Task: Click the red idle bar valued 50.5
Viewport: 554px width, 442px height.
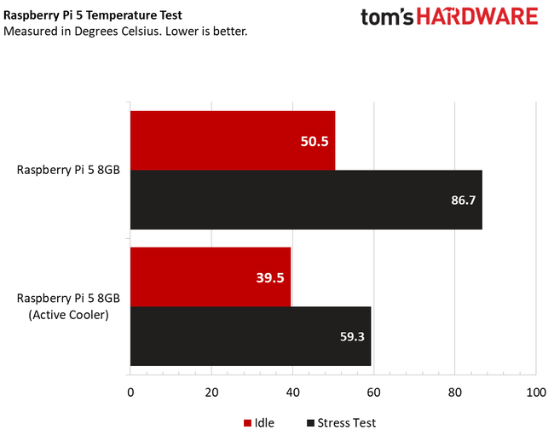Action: coord(233,140)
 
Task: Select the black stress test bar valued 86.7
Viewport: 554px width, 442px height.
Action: coord(306,200)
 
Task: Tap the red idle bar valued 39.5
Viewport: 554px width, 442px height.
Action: coord(211,276)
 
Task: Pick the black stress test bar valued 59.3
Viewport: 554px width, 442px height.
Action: coord(251,336)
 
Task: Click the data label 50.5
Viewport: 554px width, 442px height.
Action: coord(315,141)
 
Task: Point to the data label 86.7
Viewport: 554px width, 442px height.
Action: coord(462,201)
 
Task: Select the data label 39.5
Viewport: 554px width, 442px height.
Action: coord(269,277)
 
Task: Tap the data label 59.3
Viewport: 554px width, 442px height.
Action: coord(351,337)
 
